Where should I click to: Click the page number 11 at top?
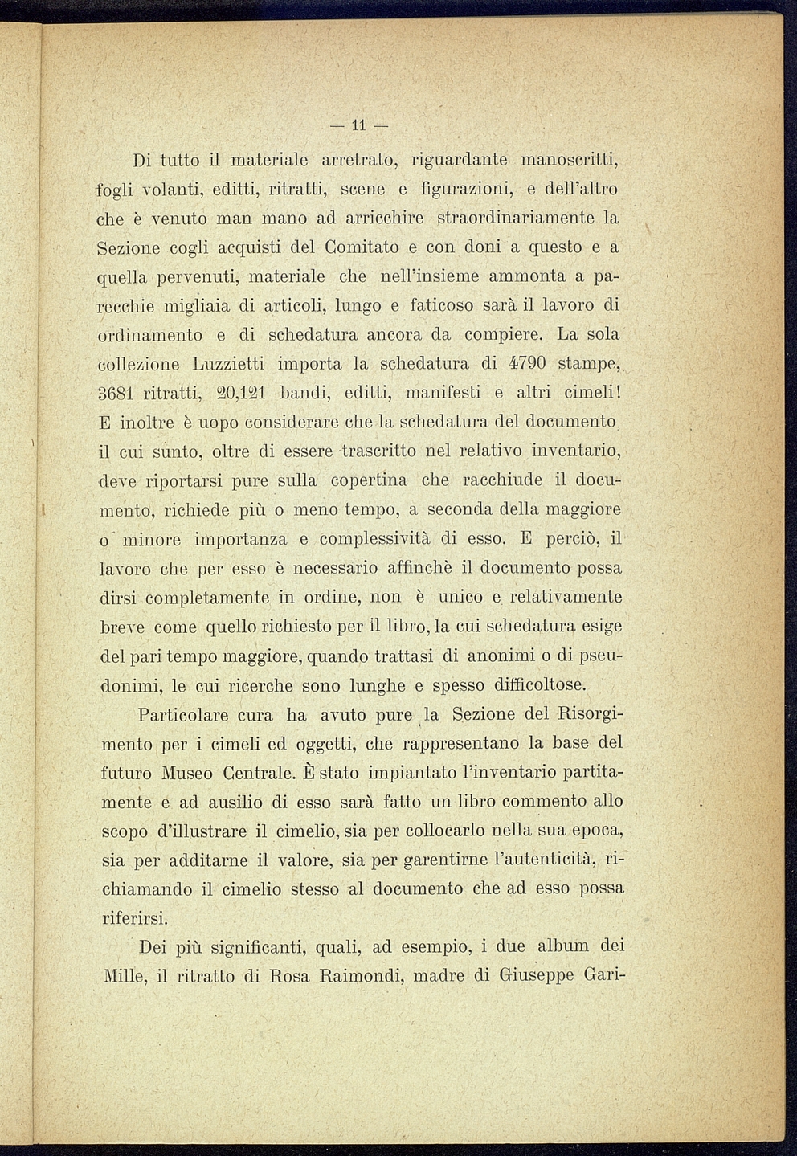click(x=358, y=125)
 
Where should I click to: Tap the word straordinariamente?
click(x=515, y=218)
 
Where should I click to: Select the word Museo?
click(x=186, y=774)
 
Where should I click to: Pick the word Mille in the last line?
click(x=125, y=977)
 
